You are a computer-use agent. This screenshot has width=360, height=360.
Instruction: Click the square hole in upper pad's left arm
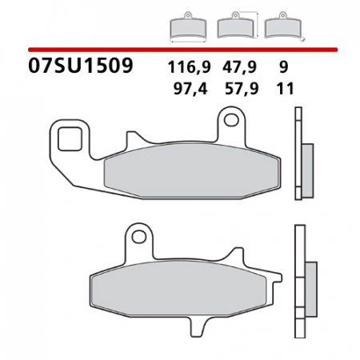(69, 138)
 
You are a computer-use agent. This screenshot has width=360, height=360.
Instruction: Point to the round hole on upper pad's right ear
(231, 122)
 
